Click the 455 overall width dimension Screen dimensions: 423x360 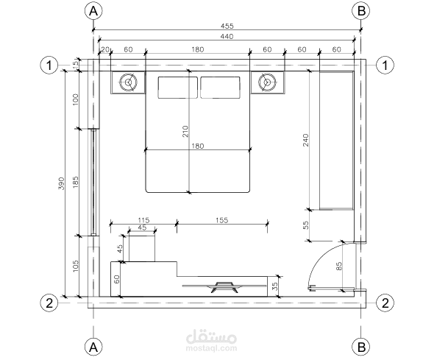(227, 26)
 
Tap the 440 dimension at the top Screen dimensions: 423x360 (227, 36)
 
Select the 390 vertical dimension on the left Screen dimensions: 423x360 (62, 183)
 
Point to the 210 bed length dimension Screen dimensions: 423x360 (185, 131)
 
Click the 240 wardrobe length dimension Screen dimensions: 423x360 (305, 140)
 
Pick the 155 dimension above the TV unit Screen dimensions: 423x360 (221, 220)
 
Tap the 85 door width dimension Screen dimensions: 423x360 (339, 266)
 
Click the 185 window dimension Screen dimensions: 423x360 (76, 182)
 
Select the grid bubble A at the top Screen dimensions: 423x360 (93, 11)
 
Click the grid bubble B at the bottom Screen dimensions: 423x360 (361, 347)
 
